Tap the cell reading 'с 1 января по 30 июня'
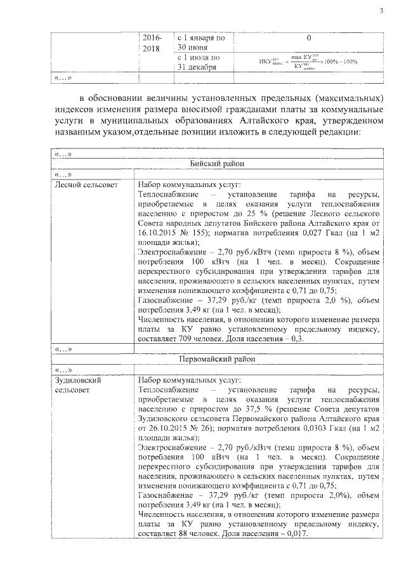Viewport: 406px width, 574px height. click(x=201, y=42)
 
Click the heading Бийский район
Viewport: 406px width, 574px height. click(x=216, y=164)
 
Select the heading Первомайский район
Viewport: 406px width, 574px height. click(x=216, y=358)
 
